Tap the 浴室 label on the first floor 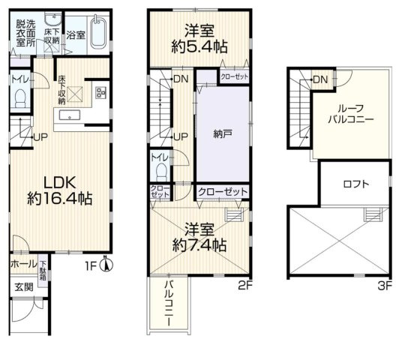coord(75,34)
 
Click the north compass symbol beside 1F coord(106,263)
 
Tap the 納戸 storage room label coord(223,135)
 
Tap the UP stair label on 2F coord(180,136)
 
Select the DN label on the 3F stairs coord(320,79)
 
